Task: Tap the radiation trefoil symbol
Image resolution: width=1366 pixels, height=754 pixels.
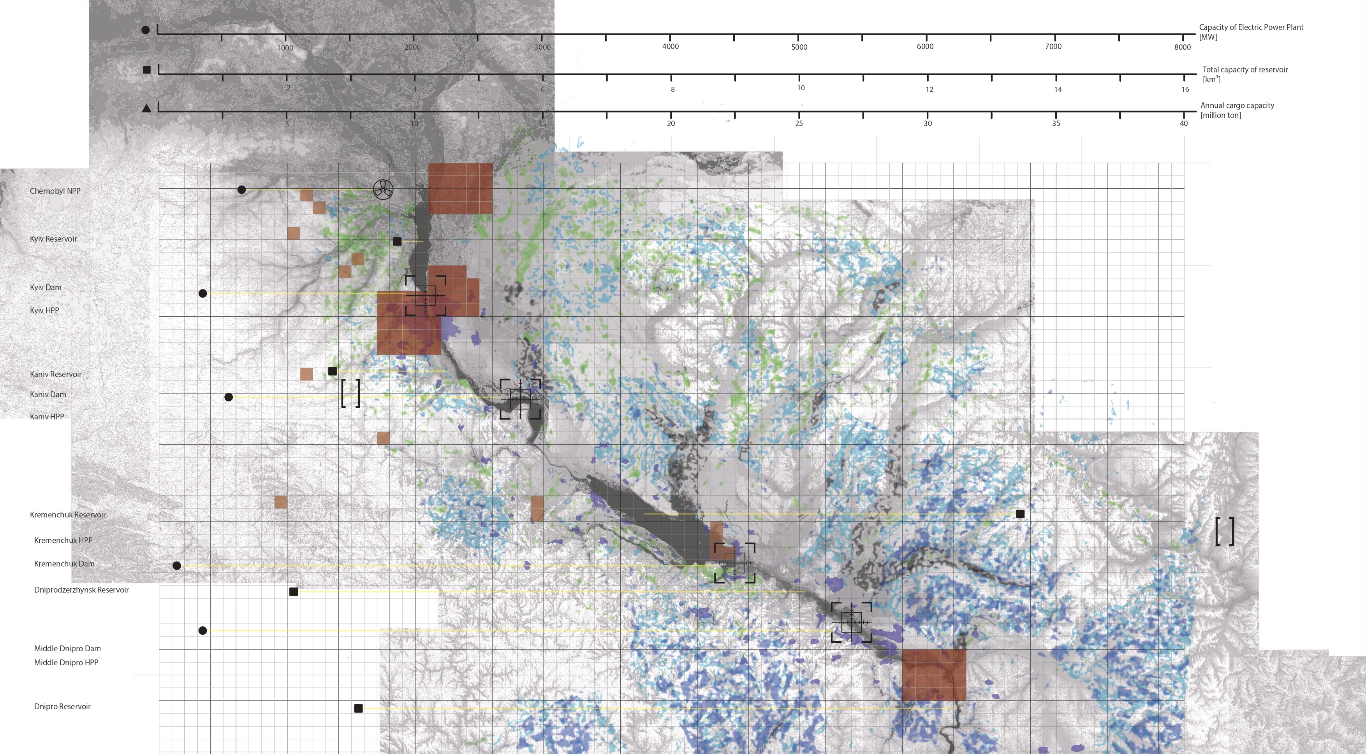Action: point(383,189)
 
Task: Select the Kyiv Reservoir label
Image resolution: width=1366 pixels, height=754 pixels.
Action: point(54,239)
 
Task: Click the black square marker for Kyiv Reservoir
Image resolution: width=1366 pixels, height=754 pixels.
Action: point(397,242)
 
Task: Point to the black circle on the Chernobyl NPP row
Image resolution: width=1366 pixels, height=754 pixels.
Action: point(241,190)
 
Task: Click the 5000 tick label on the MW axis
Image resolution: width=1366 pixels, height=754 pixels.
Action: point(799,47)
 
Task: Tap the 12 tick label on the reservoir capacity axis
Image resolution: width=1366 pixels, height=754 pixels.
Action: point(929,89)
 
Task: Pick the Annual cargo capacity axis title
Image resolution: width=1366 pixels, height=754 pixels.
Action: point(1237,106)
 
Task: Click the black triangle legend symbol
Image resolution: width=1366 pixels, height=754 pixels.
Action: point(146,109)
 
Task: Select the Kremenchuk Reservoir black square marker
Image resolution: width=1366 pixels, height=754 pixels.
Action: point(1020,514)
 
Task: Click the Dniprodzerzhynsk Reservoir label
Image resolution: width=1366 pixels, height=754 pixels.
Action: point(81,590)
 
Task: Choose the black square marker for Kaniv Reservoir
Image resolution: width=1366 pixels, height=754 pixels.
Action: point(333,372)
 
